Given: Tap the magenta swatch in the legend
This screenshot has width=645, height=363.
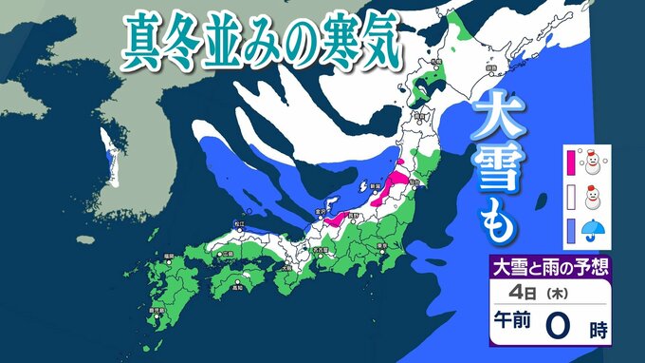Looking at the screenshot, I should pyautogui.click(x=571, y=162).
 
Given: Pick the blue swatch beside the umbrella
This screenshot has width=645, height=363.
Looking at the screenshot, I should pyautogui.click(x=571, y=230).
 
